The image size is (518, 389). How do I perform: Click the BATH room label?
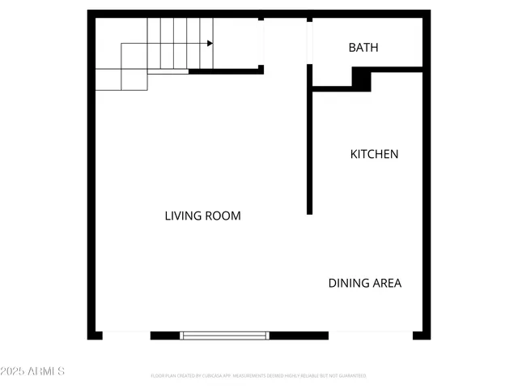tap(363, 48)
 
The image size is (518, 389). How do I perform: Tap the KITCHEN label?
tap(374, 154)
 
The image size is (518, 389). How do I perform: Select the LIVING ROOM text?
tap(202, 216)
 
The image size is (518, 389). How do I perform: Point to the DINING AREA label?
tap(364, 283)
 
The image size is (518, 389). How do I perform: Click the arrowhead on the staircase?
tap(209, 44)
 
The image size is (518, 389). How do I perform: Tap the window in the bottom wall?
tap(224, 335)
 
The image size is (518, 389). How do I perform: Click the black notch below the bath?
tap(362, 79)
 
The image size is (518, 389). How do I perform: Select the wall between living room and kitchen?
tap(309, 146)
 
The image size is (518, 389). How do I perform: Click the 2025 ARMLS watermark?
tap(32, 371)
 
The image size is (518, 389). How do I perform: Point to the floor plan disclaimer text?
tap(258, 376)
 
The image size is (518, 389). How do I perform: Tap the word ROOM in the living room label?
tap(224, 216)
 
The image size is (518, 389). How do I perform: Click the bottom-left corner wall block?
tap(95, 334)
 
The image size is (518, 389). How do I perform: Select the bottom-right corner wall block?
tap(422, 334)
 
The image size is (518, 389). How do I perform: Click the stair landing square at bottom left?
tap(108, 79)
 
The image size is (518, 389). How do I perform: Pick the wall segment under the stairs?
tap(226, 71)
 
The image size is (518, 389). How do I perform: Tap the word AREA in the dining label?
tap(386, 283)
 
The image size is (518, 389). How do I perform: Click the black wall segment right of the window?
tap(299, 335)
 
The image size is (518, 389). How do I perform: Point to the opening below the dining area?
tap(371, 334)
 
